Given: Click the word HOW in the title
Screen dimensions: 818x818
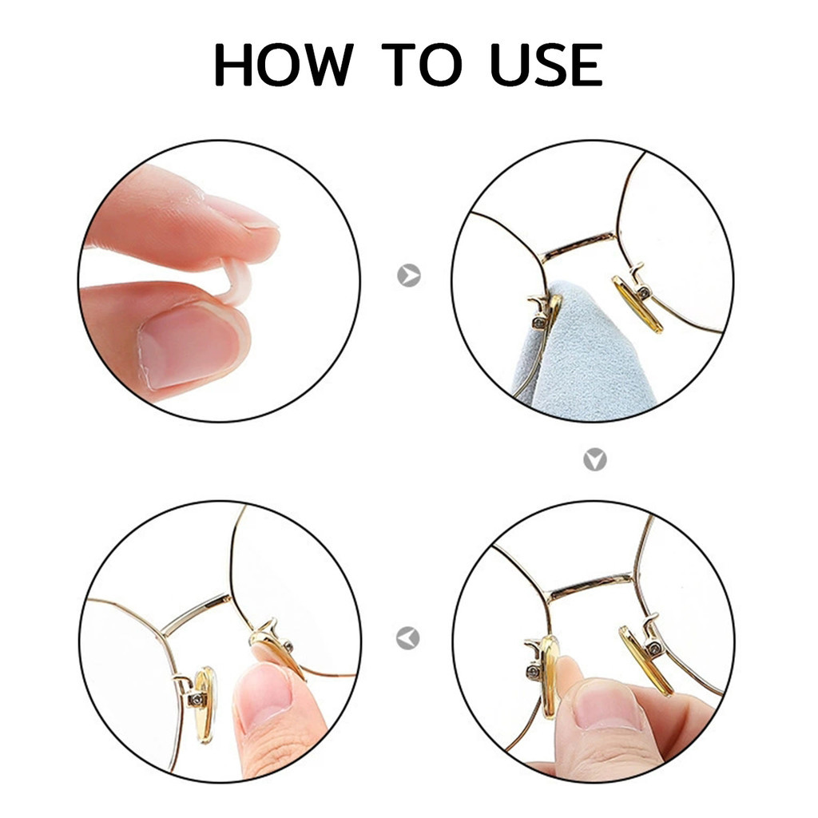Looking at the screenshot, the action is coord(284,64).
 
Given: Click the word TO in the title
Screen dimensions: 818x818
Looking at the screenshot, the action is coord(422,64).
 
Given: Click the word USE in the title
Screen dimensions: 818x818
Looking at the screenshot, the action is coord(546,64).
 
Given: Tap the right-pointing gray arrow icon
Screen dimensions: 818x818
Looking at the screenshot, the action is coord(409,275).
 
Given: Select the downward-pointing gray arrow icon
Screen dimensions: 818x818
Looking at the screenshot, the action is coord(594,459).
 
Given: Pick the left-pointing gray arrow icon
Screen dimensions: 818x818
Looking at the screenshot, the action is coord(408,637).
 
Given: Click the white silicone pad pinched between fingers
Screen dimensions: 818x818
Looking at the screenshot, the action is coord(236,282).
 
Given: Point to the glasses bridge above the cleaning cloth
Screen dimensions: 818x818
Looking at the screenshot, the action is coord(579,246).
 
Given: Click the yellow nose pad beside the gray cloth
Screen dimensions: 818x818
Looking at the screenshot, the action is coord(637,304).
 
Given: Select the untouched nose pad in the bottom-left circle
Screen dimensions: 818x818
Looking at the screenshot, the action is coord(205,705).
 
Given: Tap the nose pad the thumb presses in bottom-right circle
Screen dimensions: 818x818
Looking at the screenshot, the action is coord(549,676).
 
